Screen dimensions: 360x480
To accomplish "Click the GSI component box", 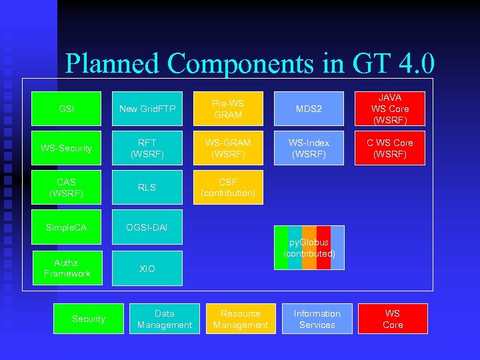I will [x=67, y=109].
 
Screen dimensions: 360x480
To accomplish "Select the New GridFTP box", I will [x=147, y=109].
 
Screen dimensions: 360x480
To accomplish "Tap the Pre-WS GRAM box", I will [x=228, y=109].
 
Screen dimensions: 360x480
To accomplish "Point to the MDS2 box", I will [x=309, y=109].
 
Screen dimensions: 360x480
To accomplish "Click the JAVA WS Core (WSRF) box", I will [x=389, y=109].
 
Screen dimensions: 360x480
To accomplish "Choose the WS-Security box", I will [x=67, y=148].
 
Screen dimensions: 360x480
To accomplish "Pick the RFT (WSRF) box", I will [x=147, y=148].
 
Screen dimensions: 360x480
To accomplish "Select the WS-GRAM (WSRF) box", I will [x=228, y=148].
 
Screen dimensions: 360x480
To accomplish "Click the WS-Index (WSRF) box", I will [x=309, y=148].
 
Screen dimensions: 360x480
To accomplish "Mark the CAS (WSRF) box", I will [x=67, y=187].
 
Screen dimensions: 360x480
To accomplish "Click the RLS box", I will [x=147, y=187].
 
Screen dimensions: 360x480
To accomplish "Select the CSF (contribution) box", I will [x=228, y=187].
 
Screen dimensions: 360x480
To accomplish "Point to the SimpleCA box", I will [x=67, y=228].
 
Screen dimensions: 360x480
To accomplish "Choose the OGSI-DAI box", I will [x=147, y=228].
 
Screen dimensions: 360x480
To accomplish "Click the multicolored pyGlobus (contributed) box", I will [x=309, y=248].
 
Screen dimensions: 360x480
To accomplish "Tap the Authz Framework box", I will [x=67, y=268].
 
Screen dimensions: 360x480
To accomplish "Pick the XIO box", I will [x=147, y=268].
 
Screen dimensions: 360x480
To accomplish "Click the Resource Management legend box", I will [x=241, y=319].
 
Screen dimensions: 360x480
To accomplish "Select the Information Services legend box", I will [x=317, y=319].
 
